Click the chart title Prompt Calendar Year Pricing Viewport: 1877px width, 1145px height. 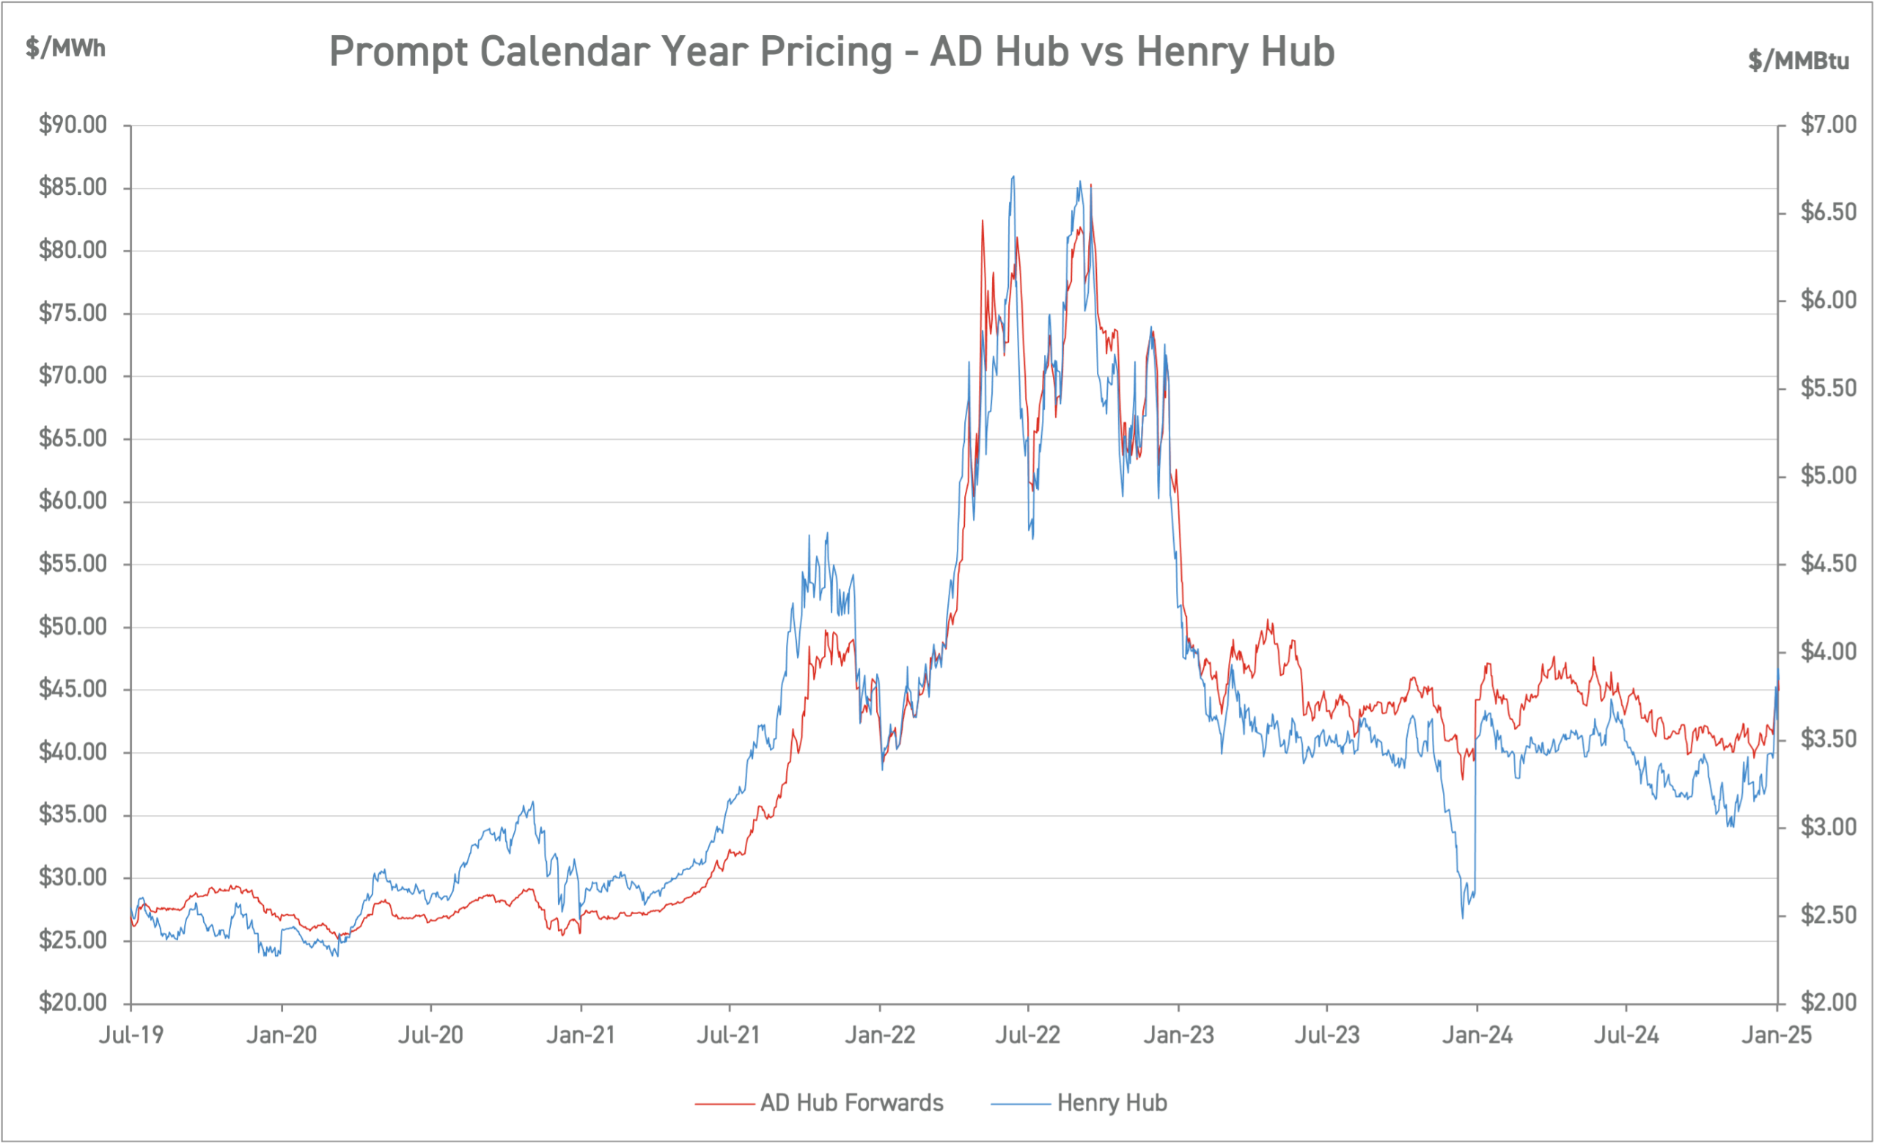[831, 52]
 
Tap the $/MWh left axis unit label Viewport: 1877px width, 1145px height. [65, 48]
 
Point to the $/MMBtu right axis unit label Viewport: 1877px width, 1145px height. [1798, 60]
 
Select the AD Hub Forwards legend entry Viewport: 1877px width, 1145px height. [851, 1102]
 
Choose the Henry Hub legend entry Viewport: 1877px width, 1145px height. [1112, 1102]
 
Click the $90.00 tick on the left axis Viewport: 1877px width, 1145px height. [73, 124]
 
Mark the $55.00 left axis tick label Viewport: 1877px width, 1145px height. [73, 564]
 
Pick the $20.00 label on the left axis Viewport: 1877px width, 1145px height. [73, 1003]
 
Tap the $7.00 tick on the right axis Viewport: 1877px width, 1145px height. [1829, 124]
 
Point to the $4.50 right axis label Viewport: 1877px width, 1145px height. [1829, 564]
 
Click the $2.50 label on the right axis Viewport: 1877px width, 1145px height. [1829, 915]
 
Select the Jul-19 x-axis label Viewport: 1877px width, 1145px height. [131, 1035]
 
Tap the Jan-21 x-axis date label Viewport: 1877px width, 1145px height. [581, 1035]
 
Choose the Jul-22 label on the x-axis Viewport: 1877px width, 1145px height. [1028, 1035]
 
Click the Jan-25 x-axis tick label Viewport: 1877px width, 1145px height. [1777, 1035]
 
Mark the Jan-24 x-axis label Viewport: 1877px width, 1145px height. [1477, 1035]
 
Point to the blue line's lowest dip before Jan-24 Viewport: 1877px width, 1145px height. [1463, 916]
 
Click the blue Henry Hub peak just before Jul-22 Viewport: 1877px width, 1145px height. [1013, 177]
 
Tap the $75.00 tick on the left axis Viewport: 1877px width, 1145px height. [73, 312]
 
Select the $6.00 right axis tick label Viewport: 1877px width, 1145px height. [1829, 300]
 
